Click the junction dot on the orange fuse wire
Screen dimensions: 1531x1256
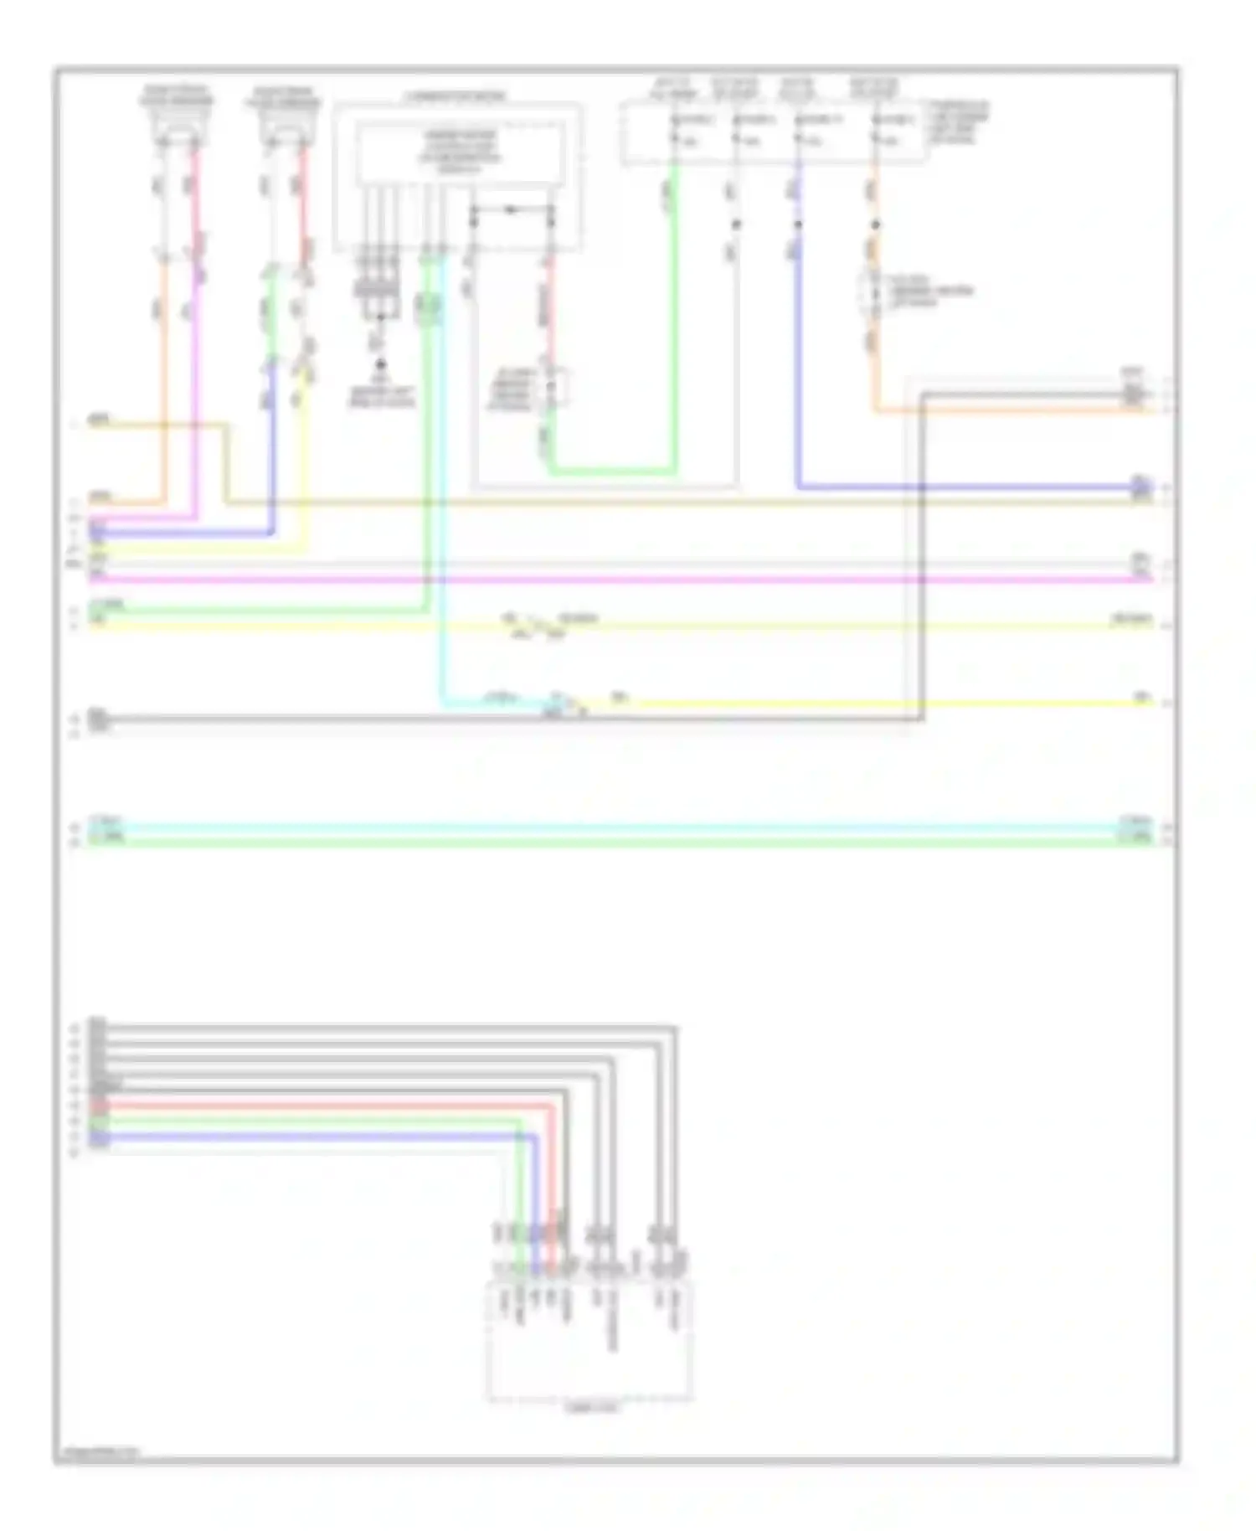click(x=875, y=224)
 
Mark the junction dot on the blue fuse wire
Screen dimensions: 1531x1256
click(x=798, y=224)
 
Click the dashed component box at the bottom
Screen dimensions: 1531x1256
click(x=589, y=1340)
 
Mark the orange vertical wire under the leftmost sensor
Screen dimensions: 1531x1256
click(x=163, y=377)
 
